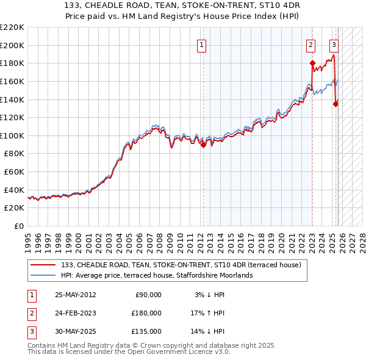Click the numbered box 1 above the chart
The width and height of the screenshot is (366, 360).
[201, 44]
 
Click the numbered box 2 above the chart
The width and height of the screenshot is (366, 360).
[310, 44]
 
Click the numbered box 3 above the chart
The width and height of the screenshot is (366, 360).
[334, 44]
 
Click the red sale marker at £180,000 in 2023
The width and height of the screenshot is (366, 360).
[312, 63]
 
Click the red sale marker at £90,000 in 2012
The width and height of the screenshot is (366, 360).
[204, 145]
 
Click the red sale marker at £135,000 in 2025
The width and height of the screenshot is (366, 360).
[335, 104]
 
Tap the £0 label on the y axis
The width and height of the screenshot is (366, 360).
[18, 226]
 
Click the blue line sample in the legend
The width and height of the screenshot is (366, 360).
[44, 275]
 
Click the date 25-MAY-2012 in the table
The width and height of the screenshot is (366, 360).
[75, 295]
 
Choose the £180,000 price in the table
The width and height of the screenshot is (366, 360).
[146, 313]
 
